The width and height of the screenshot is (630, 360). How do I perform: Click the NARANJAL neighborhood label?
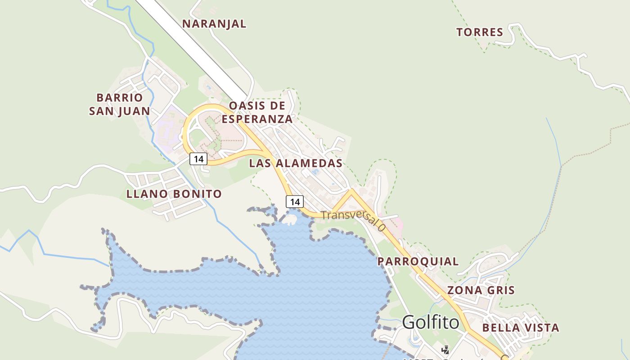(214, 24)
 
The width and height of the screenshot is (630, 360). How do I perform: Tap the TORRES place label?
(480, 32)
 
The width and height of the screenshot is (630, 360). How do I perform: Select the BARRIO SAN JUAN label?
(120, 104)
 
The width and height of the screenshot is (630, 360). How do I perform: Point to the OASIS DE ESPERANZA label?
(257, 112)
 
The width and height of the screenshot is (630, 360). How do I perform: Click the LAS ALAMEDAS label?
(296, 163)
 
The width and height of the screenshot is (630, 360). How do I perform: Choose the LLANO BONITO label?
(174, 194)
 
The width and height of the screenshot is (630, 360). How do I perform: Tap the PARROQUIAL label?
(418, 261)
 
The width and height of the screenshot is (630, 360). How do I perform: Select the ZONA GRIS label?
(481, 290)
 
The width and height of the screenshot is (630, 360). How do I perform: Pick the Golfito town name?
(431, 322)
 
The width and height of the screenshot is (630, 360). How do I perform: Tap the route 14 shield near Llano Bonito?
(198, 159)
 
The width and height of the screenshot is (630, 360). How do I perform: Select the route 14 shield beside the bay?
(295, 202)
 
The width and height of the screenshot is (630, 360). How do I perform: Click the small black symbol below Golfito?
(445, 349)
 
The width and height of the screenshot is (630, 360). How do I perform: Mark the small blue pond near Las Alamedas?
(315, 171)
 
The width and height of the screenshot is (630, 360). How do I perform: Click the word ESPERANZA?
(257, 119)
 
